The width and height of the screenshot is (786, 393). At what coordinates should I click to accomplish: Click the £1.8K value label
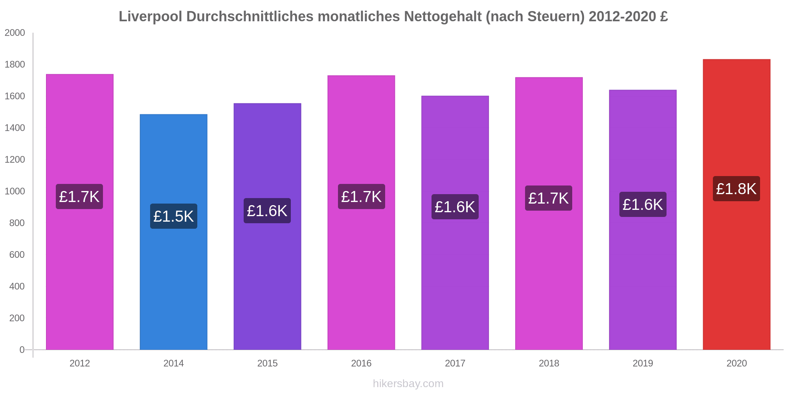click(x=736, y=189)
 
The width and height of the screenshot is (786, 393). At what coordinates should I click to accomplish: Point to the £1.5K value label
click(x=173, y=216)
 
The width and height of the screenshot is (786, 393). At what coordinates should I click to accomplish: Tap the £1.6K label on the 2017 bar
click(x=455, y=207)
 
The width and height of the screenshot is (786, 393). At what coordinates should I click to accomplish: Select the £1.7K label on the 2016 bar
click(x=361, y=196)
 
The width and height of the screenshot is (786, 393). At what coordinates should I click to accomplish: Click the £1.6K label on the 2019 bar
click(x=643, y=204)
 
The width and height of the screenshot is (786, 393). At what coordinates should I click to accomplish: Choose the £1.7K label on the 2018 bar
click(x=548, y=198)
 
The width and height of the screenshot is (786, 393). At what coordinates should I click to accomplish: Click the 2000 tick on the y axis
click(x=15, y=33)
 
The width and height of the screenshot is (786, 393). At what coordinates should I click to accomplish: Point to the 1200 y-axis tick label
click(x=15, y=160)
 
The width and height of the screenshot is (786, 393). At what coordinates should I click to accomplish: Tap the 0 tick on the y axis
click(x=22, y=350)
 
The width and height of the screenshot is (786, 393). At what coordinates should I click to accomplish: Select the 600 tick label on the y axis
click(x=17, y=255)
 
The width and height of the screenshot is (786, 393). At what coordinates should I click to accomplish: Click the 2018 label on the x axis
click(x=549, y=363)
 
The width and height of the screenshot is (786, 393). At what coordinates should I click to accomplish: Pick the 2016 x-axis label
click(x=361, y=363)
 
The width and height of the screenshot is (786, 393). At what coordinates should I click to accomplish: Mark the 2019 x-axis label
click(x=643, y=363)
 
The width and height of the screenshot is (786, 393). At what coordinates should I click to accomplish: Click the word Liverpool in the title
click(x=150, y=17)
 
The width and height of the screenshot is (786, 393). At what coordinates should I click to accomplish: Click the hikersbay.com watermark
click(x=408, y=383)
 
